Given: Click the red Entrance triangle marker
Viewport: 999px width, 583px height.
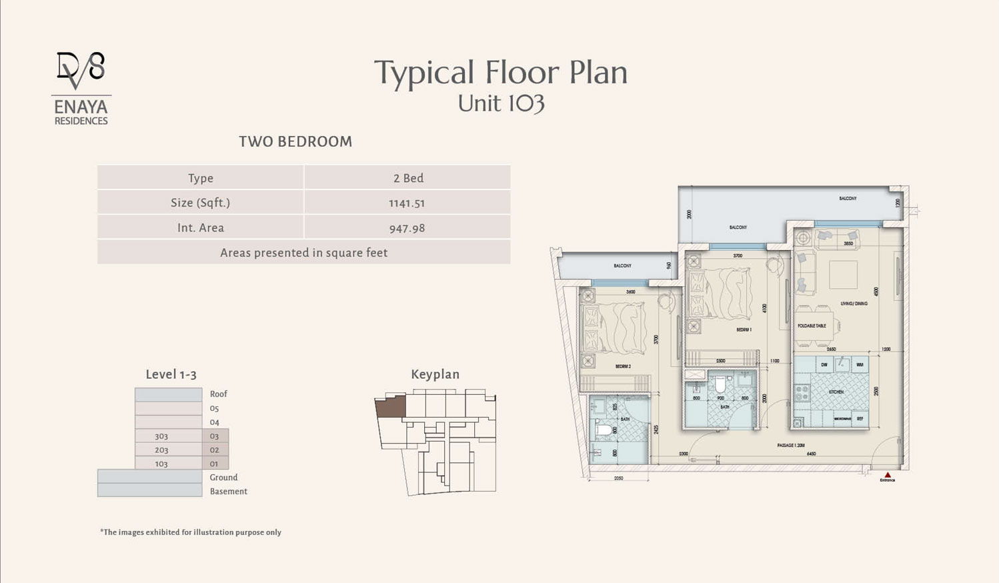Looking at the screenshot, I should click(887, 475).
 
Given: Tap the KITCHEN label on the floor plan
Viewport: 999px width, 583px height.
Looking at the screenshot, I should click(836, 392).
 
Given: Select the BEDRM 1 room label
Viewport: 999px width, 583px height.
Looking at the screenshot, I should click(744, 330).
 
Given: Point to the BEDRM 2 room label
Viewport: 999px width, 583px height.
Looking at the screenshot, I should click(623, 366).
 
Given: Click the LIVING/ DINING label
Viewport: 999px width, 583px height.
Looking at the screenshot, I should click(854, 304).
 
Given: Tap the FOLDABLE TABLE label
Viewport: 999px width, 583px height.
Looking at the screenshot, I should click(812, 326).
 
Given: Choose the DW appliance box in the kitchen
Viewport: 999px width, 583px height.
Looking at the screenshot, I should click(824, 364).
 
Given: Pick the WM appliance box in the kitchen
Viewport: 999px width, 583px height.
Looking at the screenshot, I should click(860, 364).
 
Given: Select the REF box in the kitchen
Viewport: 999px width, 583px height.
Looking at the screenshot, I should click(860, 419).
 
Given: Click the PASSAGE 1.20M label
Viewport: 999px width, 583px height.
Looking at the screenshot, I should click(791, 445).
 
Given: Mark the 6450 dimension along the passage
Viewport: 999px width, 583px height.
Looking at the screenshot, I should click(812, 454).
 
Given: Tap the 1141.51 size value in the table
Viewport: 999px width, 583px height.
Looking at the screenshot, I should click(407, 203).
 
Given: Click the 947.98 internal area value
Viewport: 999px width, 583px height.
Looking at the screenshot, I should click(407, 228).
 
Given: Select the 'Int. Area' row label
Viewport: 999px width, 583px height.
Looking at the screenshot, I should click(201, 228).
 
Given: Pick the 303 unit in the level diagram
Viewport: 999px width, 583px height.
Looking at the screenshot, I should click(161, 436).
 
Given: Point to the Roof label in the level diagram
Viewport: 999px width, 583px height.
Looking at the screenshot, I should click(219, 394).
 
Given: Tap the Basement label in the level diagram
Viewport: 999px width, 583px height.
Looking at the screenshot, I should click(228, 492).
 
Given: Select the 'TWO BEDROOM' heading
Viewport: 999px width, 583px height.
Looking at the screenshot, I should click(295, 141).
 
